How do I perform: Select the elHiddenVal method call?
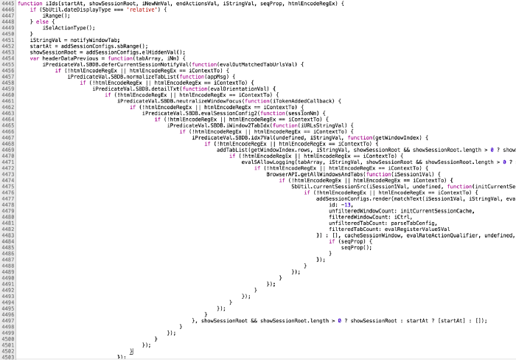pyautogui.click(x=158, y=52)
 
